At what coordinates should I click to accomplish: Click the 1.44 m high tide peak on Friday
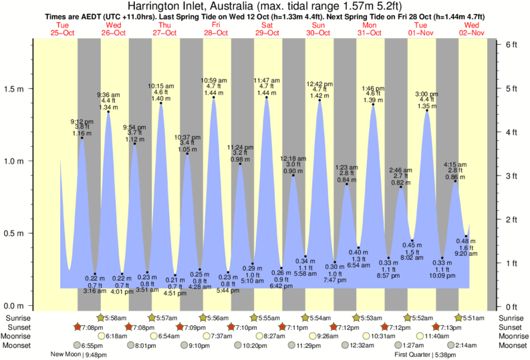[x=214, y=98]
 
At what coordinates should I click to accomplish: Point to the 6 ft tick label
[x=512, y=44]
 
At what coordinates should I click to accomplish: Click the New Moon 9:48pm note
[x=80, y=355]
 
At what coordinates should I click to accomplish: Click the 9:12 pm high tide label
[x=82, y=122]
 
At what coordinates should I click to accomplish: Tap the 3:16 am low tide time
[x=95, y=291]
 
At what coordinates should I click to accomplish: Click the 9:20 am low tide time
[x=466, y=254]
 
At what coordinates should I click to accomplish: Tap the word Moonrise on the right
[x=511, y=336]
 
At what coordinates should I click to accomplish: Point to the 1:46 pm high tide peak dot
[x=373, y=105]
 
